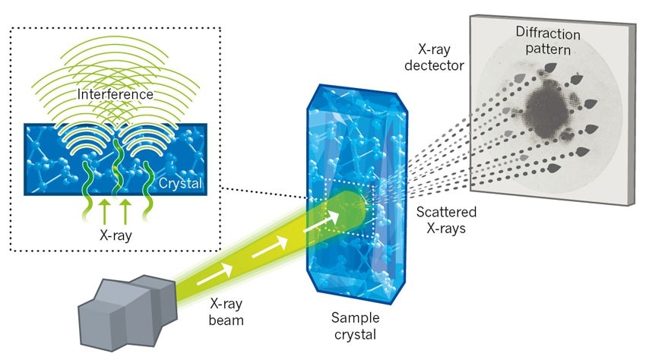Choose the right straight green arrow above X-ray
point(126,210)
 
